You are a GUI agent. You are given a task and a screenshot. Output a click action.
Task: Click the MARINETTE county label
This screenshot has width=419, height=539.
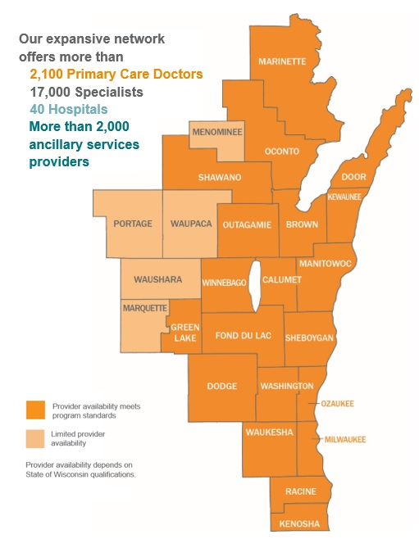282,61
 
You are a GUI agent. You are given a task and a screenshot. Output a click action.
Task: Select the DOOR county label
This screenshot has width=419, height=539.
353,177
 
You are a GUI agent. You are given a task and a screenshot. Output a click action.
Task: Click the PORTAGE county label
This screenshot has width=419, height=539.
133,224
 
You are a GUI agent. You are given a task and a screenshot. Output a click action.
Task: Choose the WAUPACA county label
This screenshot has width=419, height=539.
190,224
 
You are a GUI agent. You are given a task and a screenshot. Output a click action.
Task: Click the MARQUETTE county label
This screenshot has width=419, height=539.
144,308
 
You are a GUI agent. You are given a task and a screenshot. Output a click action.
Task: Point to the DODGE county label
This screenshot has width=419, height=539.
221,386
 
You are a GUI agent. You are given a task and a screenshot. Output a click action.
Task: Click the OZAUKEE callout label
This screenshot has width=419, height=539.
336,404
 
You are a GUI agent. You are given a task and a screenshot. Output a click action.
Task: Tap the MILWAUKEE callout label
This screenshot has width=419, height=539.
345,440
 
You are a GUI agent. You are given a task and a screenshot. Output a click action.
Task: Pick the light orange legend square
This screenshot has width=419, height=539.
34,437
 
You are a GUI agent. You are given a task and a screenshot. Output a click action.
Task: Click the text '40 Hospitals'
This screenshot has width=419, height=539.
68,108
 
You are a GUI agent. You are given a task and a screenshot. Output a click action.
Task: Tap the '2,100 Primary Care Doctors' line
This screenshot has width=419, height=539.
116,74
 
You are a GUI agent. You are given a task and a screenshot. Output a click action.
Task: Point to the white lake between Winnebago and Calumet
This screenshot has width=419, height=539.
255,287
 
